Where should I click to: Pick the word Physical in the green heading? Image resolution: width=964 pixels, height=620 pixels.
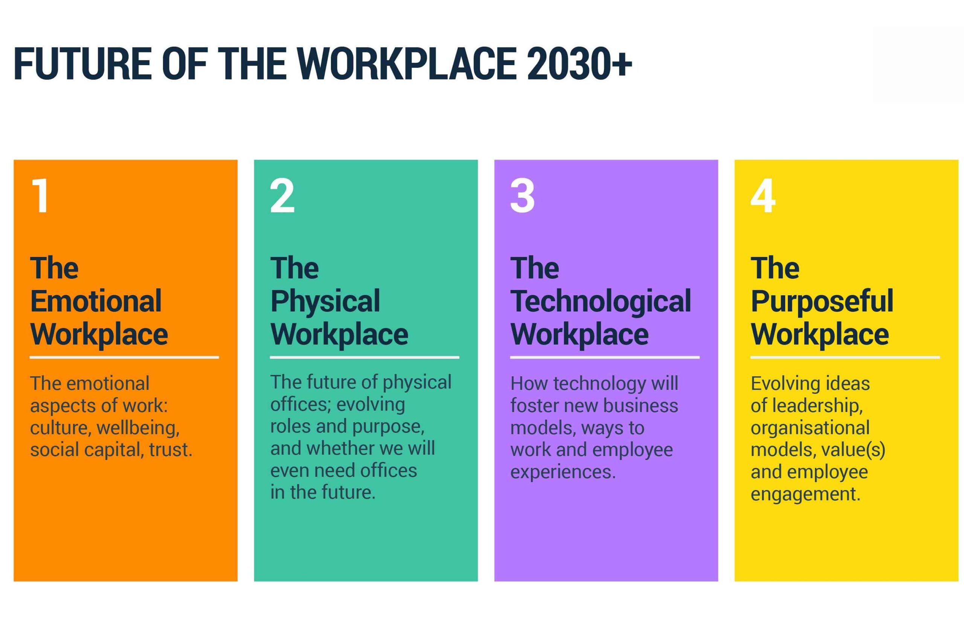[325, 302]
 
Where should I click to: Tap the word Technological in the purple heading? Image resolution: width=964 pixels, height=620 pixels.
[601, 302]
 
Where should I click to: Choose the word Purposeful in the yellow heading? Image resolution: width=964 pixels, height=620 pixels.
[822, 302]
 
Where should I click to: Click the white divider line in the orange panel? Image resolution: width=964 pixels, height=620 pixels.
[124, 357]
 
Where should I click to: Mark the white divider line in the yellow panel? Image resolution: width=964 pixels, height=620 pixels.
[845, 357]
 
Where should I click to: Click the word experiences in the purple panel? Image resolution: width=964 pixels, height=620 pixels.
[563, 472]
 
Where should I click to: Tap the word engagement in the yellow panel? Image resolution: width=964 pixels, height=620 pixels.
[805, 494]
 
